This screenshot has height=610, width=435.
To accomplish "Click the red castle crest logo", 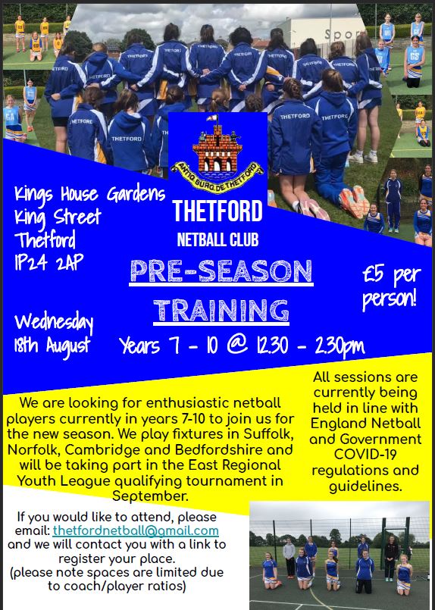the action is (x=217, y=155).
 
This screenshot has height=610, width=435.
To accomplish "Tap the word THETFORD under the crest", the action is (x=217, y=211).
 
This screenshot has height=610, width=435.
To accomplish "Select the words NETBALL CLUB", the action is (x=217, y=239).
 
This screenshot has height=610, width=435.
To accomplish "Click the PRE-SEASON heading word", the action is (x=221, y=271).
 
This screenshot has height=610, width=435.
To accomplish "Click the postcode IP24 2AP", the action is (x=49, y=263).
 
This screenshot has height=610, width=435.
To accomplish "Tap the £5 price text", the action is (x=373, y=274).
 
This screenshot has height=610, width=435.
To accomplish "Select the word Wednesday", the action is (x=54, y=322).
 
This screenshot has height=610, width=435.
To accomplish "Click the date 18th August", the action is (x=52, y=345).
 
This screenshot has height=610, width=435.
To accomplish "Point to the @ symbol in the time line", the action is (x=237, y=345).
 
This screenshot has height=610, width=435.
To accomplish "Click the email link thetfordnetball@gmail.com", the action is (x=136, y=530).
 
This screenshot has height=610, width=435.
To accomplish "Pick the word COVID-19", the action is (x=365, y=454).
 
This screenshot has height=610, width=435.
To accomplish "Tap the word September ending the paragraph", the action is (x=150, y=496).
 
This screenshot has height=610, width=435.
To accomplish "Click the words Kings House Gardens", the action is (x=90, y=194).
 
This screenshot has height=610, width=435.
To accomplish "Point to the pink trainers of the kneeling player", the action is (x=354, y=202).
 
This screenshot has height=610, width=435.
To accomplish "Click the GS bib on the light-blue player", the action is (x=415, y=56).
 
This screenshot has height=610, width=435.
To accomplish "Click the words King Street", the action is (x=58, y=217).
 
